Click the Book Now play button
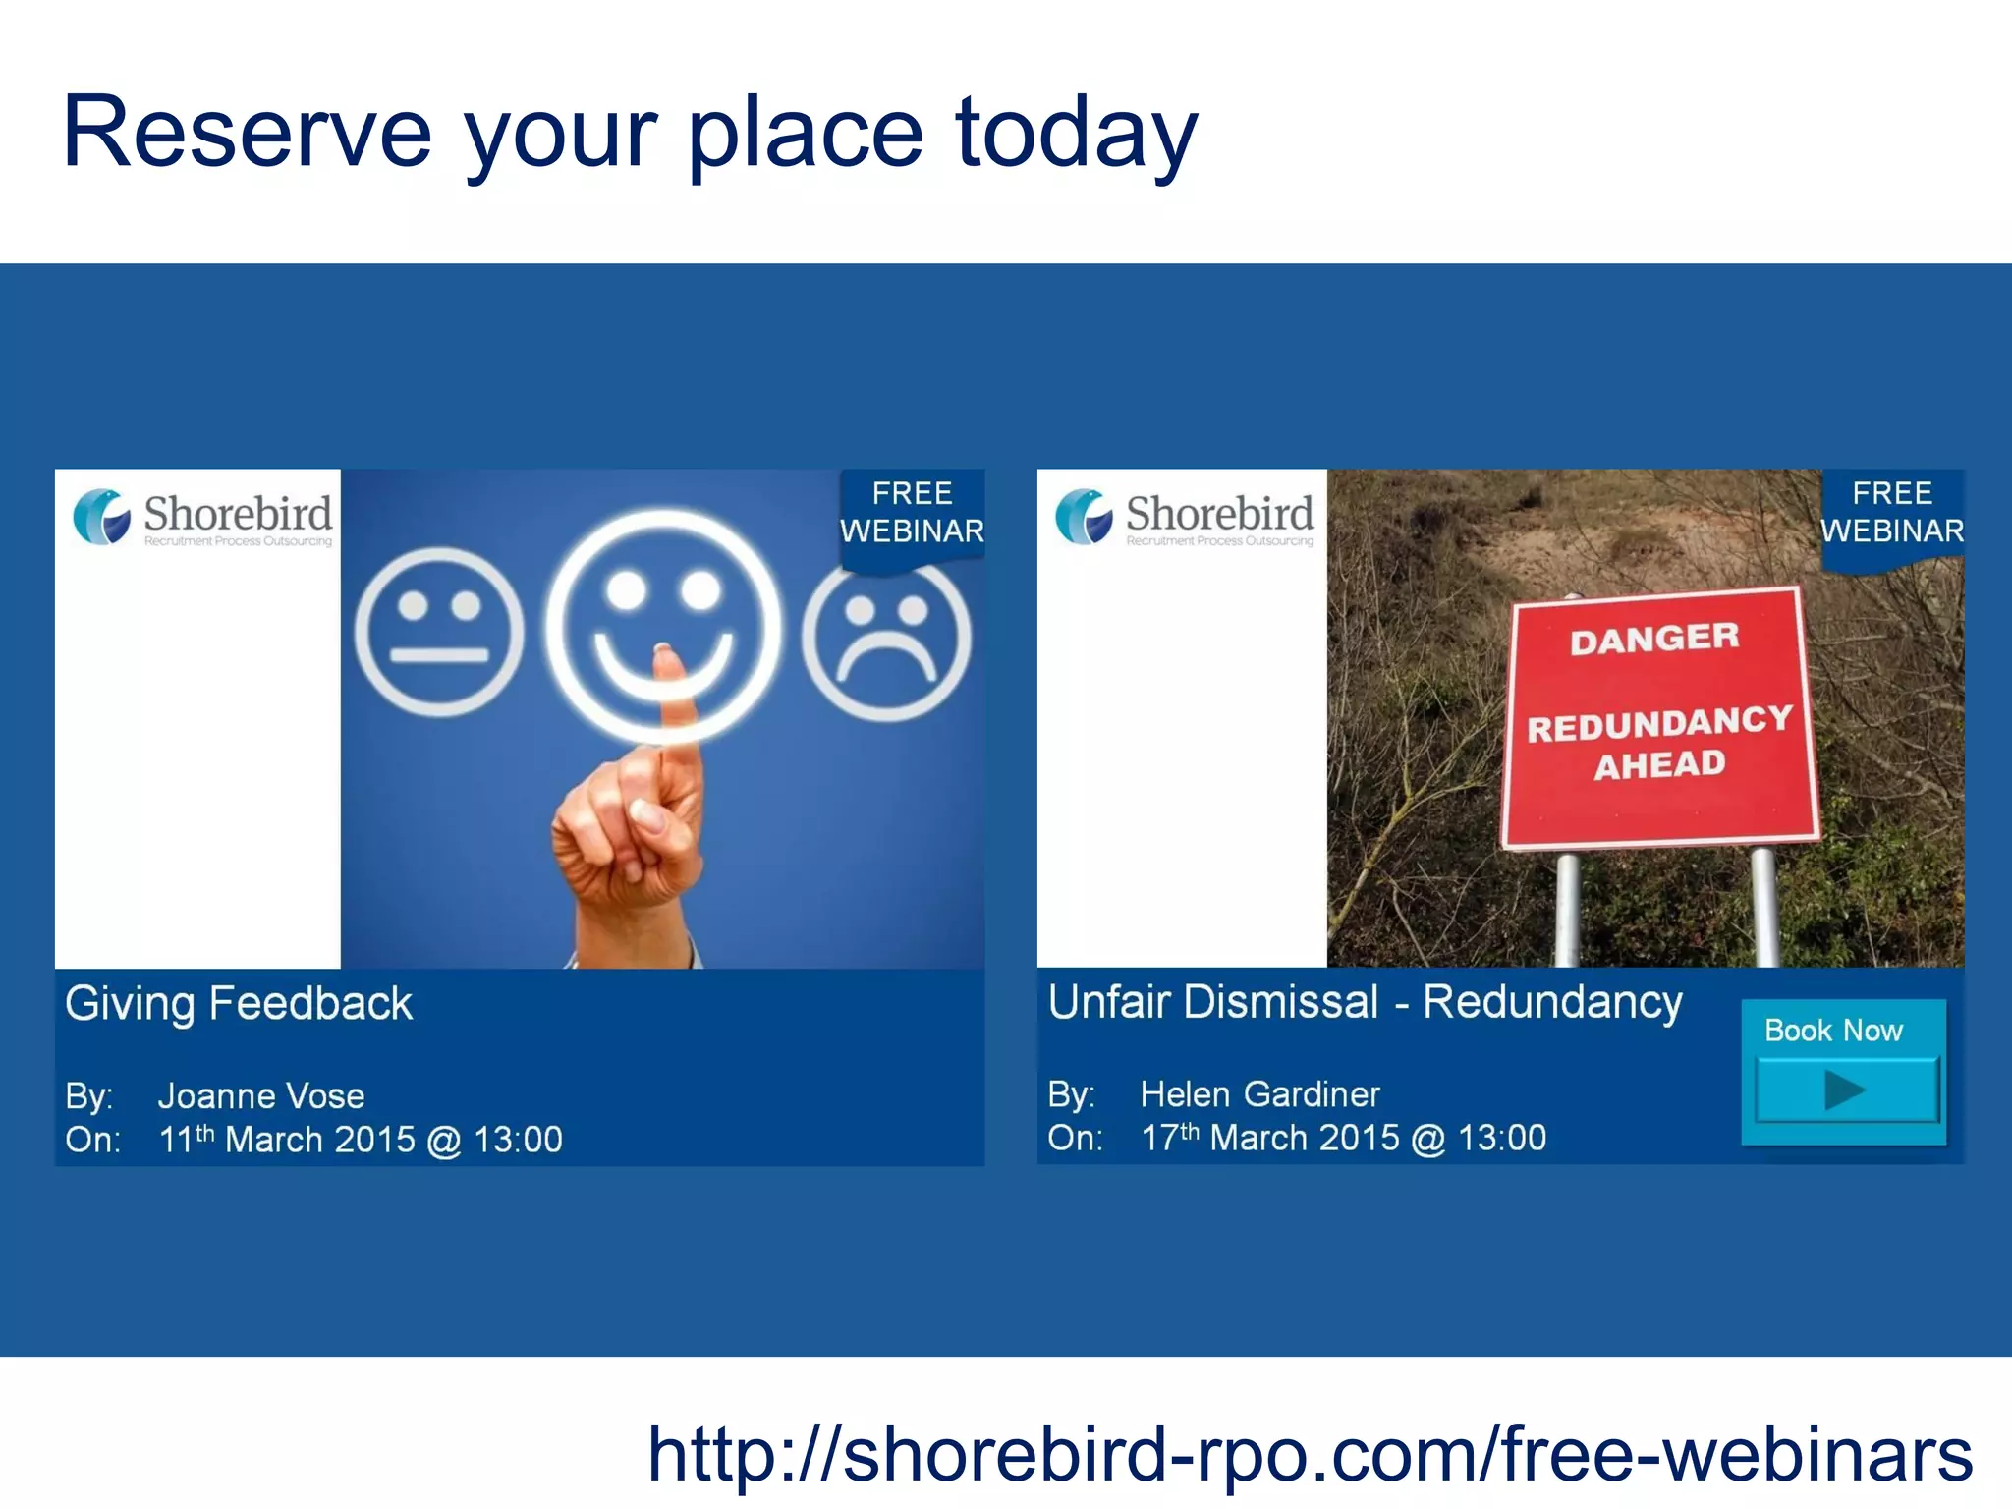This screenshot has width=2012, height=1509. pyautogui.click(x=1845, y=1089)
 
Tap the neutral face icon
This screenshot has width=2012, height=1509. pyautogui.click(x=439, y=632)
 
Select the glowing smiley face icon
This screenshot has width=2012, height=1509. pyautogui.click(x=664, y=626)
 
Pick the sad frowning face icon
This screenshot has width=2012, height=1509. pyautogui.click(x=887, y=639)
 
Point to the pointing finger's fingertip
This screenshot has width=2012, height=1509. pyautogui.click(x=665, y=656)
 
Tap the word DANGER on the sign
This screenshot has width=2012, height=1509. pyautogui.click(x=1654, y=639)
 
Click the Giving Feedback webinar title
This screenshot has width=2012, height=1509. pyautogui.click(x=239, y=1004)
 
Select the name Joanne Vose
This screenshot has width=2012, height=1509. pyautogui.click(x=261, y=1095)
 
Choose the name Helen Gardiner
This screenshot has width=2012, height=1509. pyautogui.click(x=1259, y=1093)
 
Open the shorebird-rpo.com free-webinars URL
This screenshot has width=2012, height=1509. pyautogui.click(x=1310, y=1454)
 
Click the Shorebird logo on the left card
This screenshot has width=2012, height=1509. pyautogui.click(x=202, y=518)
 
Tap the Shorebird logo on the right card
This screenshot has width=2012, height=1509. pyautogui.click(x=1184, y=518)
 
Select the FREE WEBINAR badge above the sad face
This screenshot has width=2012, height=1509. pyautogui.click(x=912, y=513)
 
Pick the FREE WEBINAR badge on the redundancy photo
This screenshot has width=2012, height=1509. pyautogui.click(x=1892, y=513)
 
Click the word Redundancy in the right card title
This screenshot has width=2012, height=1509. pyautogui.click(x=1552, y=1002)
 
